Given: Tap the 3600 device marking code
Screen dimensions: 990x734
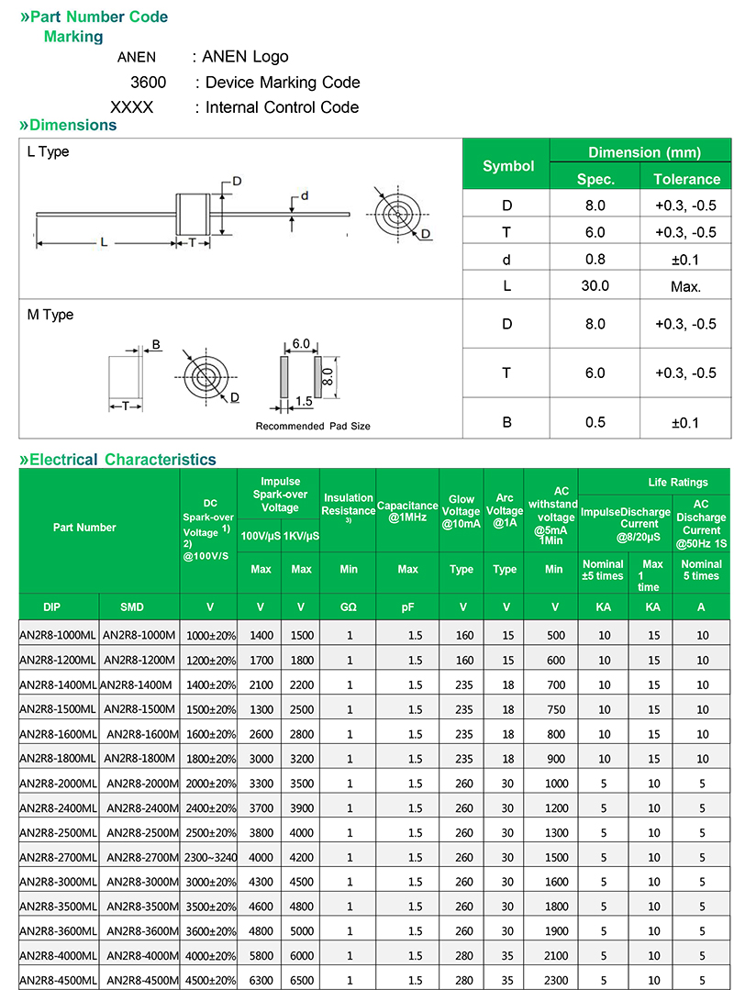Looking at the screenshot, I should (148, 83).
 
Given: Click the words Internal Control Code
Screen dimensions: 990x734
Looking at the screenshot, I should (282, 107).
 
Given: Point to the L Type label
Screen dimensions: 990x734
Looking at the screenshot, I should (48, 151).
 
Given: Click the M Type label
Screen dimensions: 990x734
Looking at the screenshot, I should (50, 315).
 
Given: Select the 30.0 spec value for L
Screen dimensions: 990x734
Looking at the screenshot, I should (595, 285).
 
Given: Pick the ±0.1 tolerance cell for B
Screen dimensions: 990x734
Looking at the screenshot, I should (685, 422).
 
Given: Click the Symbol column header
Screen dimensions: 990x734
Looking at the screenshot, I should (508, 166).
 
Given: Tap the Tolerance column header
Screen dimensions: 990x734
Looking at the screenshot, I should (686, 179).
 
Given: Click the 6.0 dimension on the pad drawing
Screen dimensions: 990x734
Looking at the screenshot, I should (300, 344).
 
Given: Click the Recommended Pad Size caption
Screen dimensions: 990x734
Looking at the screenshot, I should (313, 426).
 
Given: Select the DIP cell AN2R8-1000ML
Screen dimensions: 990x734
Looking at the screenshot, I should (57, 635).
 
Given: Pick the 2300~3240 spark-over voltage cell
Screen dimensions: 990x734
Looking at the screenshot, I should (211, 858).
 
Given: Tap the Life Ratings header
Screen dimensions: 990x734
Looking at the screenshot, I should (677, 482).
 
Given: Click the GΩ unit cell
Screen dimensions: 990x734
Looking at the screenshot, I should (349, 606).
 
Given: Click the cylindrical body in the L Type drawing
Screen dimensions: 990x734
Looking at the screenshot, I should (195, 216).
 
